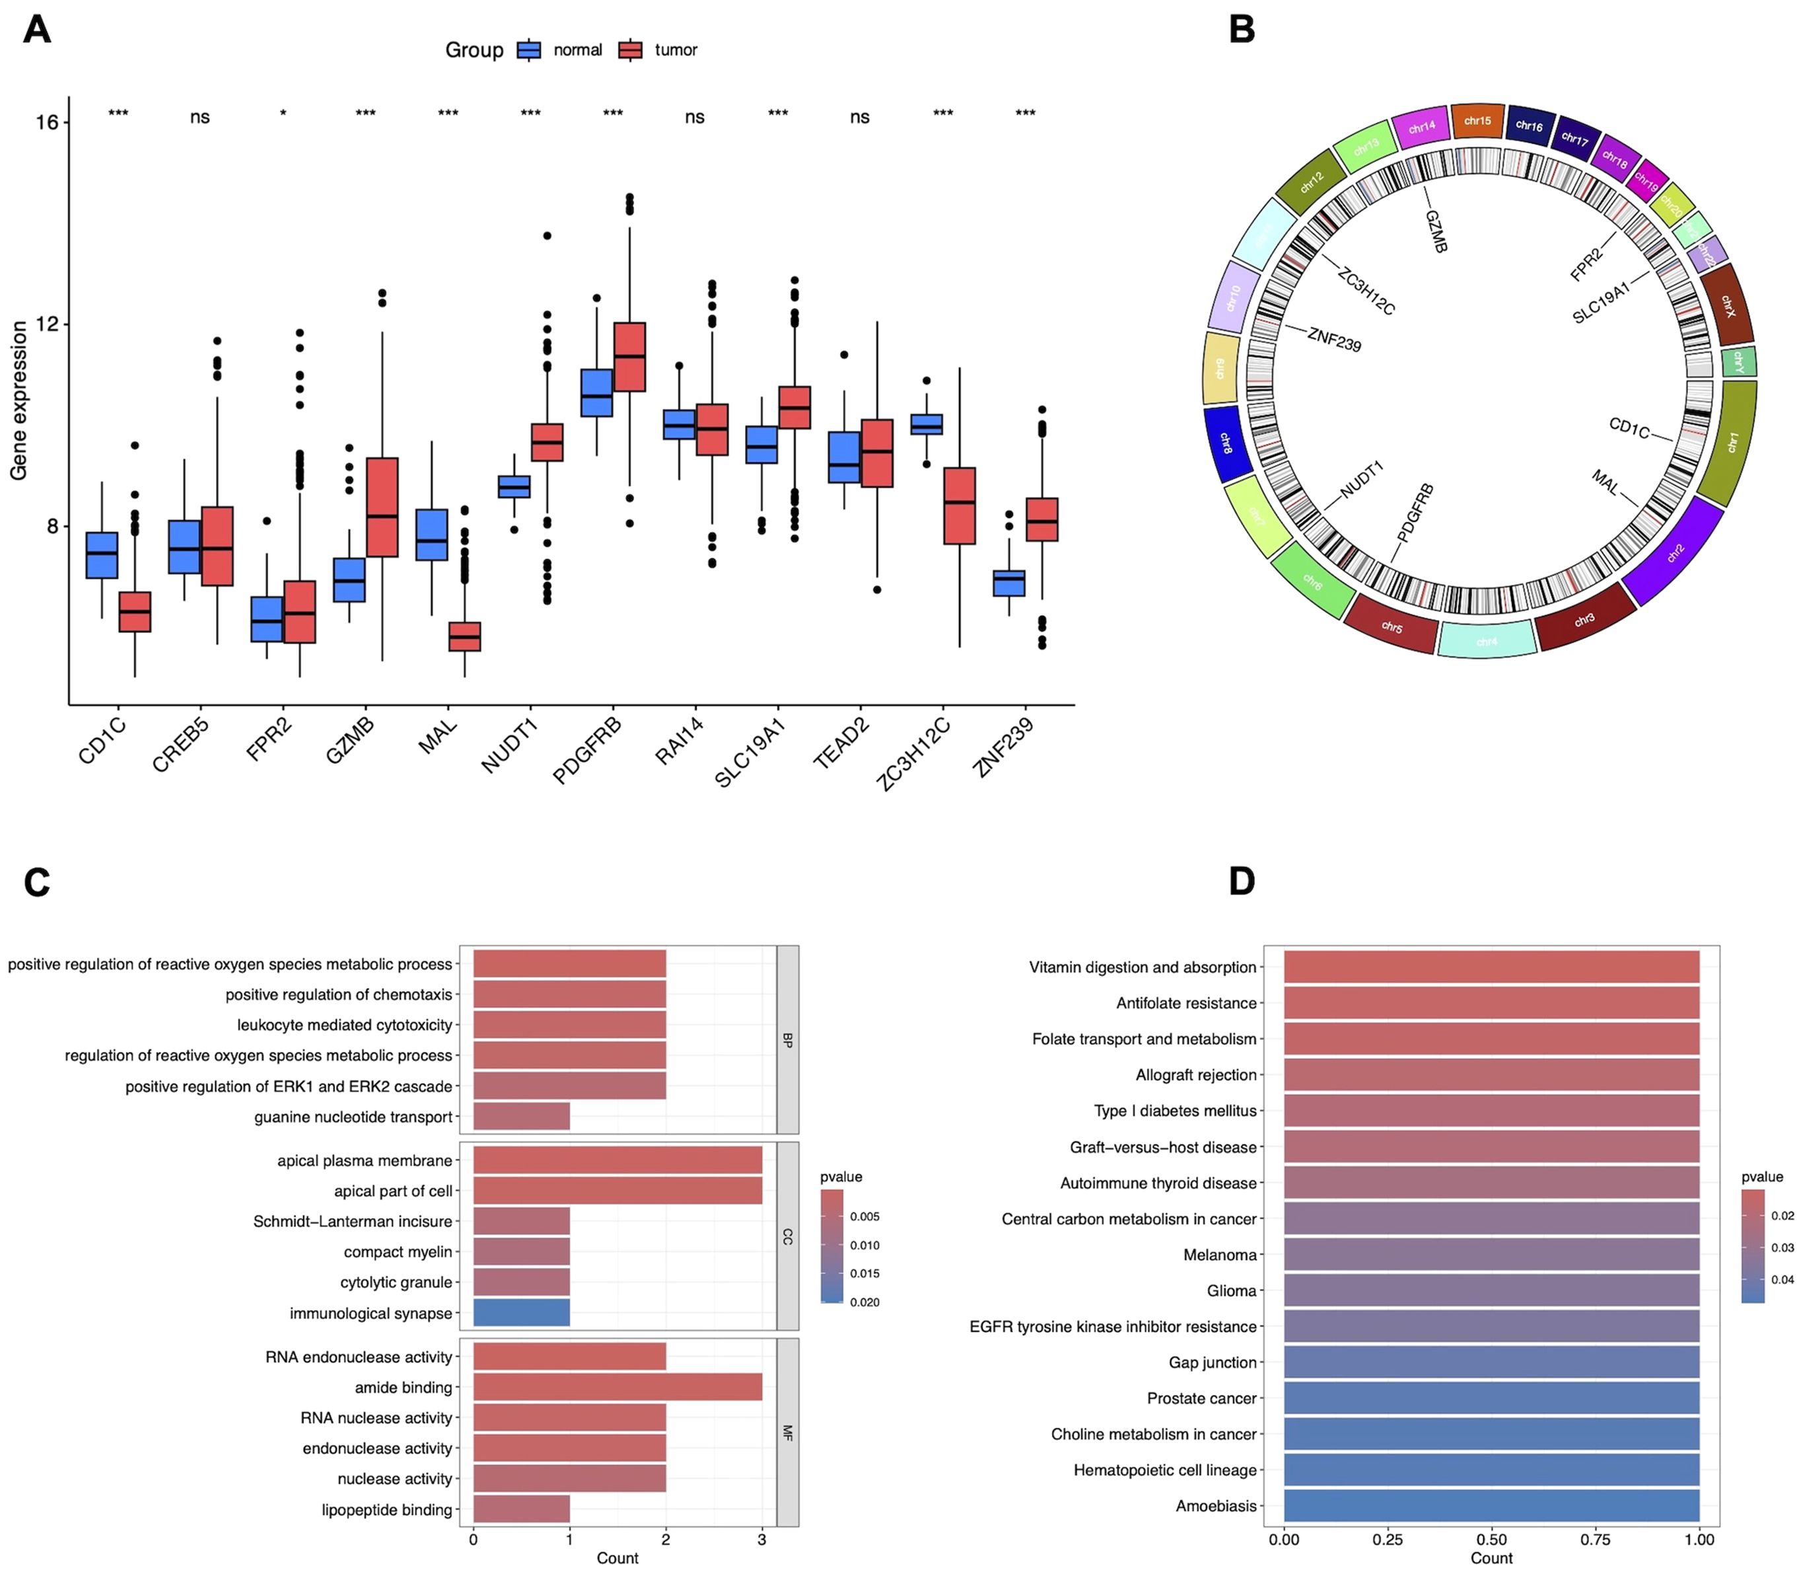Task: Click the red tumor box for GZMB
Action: pyautogui.click(x=382, y=506)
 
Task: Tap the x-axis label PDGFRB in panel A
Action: pyautogui.click(x=588, y=750)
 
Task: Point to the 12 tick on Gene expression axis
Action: pyautogui.click(x=46, y=324)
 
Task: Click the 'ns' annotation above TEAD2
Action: pyautogui.click(x=859, y=118)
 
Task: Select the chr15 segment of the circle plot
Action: pyautogui.click(x=1477, y=121)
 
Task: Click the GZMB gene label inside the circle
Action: pyautogui.click(x=1435, y=231)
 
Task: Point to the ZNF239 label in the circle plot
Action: pyautogui.click(x=1333, y=340)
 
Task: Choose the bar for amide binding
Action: pyautogui.click(x=618, y=1387)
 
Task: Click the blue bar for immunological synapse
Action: pyautogui.click(x=521, y=1312)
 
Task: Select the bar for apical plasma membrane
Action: pyautogui.click(x=618, y=1160)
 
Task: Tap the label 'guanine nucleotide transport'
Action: pyautogui.click(x=353, y=1117)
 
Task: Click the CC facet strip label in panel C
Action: pyautogui.click(x=787, y=1236)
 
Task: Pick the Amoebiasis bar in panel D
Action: pyautogui.click(x=1491, y=1505)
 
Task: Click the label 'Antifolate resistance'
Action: pyautogui.click(x=1186, y=1002)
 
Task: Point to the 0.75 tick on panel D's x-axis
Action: pyautogui.click(x=1596, y=1539)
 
